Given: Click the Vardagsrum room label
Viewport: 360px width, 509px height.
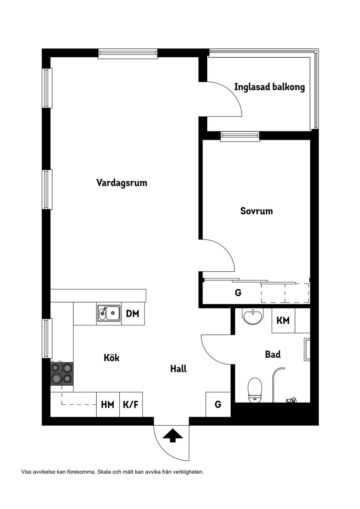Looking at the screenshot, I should click(x=121, y=183).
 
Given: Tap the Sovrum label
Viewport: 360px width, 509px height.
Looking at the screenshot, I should click(x=256, y=211).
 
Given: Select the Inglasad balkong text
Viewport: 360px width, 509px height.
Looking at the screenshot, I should click(x=269, y=87).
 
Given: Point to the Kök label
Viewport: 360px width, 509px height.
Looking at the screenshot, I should click(x=111, y=358).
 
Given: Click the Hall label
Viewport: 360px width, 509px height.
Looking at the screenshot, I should click(x=178, y=369).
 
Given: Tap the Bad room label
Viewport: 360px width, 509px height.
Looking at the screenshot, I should click(x=273, y=354).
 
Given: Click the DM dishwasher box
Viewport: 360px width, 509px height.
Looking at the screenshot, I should click(x=132, y=314).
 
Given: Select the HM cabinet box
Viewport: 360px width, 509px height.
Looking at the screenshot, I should click(x=108, y=405).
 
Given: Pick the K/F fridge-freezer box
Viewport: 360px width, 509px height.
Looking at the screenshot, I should click(x=131, y=405).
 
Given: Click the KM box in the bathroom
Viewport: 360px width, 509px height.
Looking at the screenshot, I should click(x=283, y=320).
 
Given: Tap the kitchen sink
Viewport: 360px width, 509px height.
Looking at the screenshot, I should click(x=109, y=313).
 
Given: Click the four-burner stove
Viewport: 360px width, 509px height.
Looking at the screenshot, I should click(x=62, y=373).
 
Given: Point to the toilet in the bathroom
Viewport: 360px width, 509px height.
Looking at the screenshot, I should click(x=255, y=390).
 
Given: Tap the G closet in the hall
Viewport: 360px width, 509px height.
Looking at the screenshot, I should click(x=218, y=404).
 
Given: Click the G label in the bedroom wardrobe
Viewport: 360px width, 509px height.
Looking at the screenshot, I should click(x=238, y=293).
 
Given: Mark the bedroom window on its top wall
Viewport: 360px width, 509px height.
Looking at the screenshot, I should click(x=240, y=136).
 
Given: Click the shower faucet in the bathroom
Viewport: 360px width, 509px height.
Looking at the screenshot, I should click(x=292, y=400).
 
